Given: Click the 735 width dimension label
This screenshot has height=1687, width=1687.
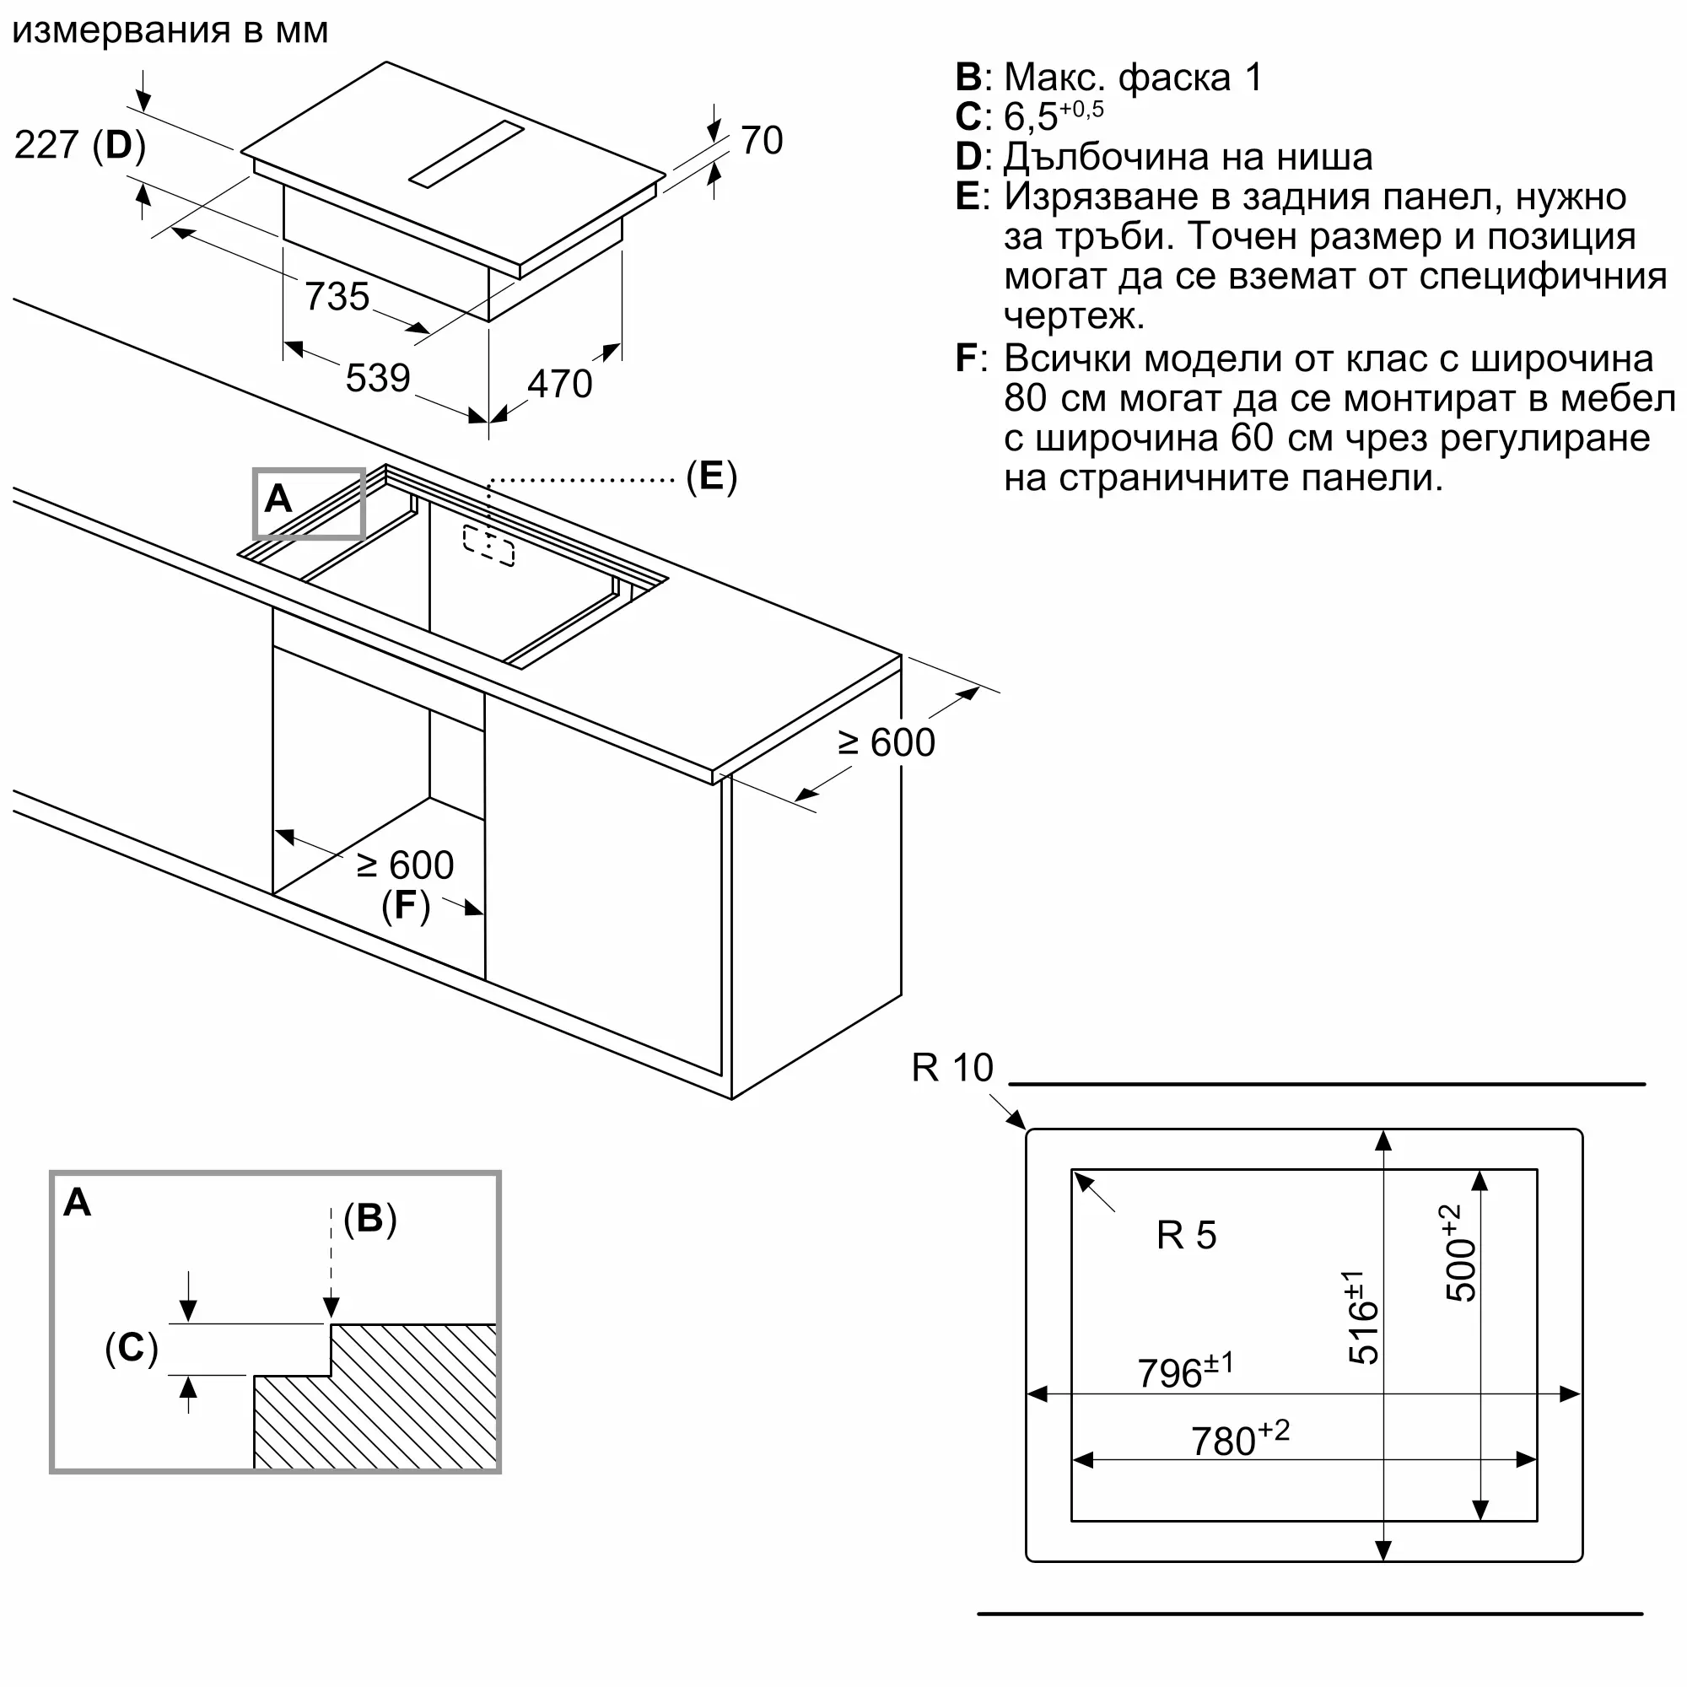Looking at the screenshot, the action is [x=337, y=297].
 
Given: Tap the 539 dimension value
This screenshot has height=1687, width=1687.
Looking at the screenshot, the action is [x=378, y=378].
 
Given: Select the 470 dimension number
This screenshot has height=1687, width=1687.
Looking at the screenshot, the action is [x=560, y=384].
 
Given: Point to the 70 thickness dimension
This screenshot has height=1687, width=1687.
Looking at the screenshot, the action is [x=762, y=141].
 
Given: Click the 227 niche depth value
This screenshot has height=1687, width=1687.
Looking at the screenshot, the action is [x=46, y=145].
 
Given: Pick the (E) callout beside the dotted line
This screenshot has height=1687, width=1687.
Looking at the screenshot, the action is [x=712, y=477].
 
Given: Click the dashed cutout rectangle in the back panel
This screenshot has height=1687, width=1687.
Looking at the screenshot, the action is [x=488, y=546].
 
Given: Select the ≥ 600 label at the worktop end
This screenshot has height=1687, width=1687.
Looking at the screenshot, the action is [x=887, y=743].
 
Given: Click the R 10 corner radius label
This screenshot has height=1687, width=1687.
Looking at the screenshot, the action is [x=952, y=1068].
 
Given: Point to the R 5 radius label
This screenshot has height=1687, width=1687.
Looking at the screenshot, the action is [x=1186, y=1236].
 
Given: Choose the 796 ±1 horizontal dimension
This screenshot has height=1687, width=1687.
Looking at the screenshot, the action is [x=1185, y=1370].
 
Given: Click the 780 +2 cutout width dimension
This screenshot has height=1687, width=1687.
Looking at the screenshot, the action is [x=1240, y=1437].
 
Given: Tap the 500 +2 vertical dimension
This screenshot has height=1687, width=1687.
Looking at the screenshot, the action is [x=1458, y=1253].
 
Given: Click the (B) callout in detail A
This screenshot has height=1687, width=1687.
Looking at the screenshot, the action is [x=370, y=1218].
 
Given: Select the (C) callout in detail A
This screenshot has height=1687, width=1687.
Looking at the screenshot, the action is [x=132, y=1347].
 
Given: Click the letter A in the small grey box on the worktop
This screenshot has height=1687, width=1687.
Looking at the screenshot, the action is [x=278, y=499].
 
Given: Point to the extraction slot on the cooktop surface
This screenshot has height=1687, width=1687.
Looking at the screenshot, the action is [x=466, y=154].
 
